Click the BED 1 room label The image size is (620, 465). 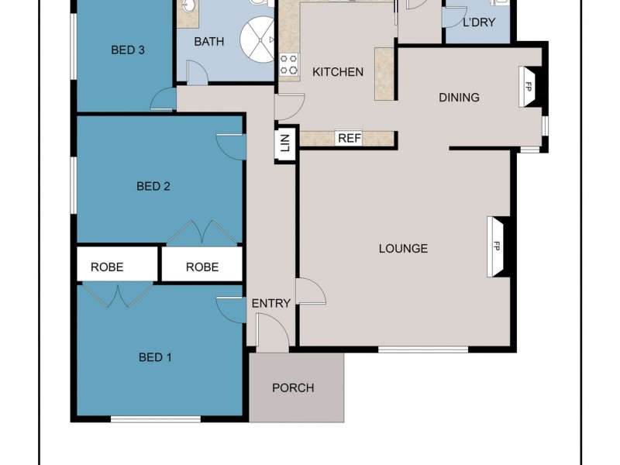pos(155,357)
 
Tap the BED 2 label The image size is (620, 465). pos(153,186)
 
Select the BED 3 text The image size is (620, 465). pos(128,50)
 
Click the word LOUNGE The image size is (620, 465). pos(403,249)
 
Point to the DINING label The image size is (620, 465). pos(459,98)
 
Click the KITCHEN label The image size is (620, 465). pos(337,72)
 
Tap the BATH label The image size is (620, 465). pos(209,42)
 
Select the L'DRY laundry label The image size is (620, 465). pos(478,22)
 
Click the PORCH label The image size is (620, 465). pos(293,387)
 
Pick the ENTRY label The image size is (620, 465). pos(271,303)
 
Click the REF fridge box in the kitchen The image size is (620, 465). pos(350,139)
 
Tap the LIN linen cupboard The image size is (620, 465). pos(285,143)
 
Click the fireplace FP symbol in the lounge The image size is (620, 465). pos(496,246)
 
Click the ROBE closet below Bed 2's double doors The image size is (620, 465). pos(202,267)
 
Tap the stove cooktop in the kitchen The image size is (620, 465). pos(289,65)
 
